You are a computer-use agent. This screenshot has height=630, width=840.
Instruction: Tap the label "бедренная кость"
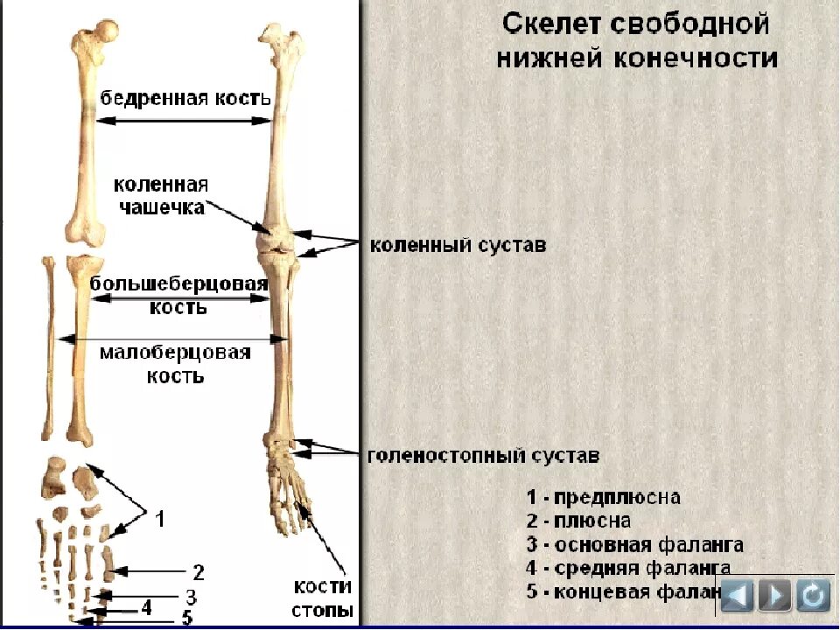185,97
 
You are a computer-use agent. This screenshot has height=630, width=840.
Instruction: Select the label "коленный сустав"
458,246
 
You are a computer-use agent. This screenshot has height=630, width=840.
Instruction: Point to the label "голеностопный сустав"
484,456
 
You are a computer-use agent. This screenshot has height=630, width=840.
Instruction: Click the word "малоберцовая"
175,353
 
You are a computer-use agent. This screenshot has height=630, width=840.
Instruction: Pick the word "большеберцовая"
177,285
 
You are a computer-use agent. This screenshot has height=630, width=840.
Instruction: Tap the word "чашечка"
164,207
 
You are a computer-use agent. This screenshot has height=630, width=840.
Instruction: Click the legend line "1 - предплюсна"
604,498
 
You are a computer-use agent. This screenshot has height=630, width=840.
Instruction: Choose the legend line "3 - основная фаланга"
635,545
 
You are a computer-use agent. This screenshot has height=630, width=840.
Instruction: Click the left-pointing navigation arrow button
736,596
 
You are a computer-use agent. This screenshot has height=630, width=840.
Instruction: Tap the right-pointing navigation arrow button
774,596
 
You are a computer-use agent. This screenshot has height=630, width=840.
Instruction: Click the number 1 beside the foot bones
160,520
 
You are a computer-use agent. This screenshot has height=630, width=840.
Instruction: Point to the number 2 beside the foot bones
199,573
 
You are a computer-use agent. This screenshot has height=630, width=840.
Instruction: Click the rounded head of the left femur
105,33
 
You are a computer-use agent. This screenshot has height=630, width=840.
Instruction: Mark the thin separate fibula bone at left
50,350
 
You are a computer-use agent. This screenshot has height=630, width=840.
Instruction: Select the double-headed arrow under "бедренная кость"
184,121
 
